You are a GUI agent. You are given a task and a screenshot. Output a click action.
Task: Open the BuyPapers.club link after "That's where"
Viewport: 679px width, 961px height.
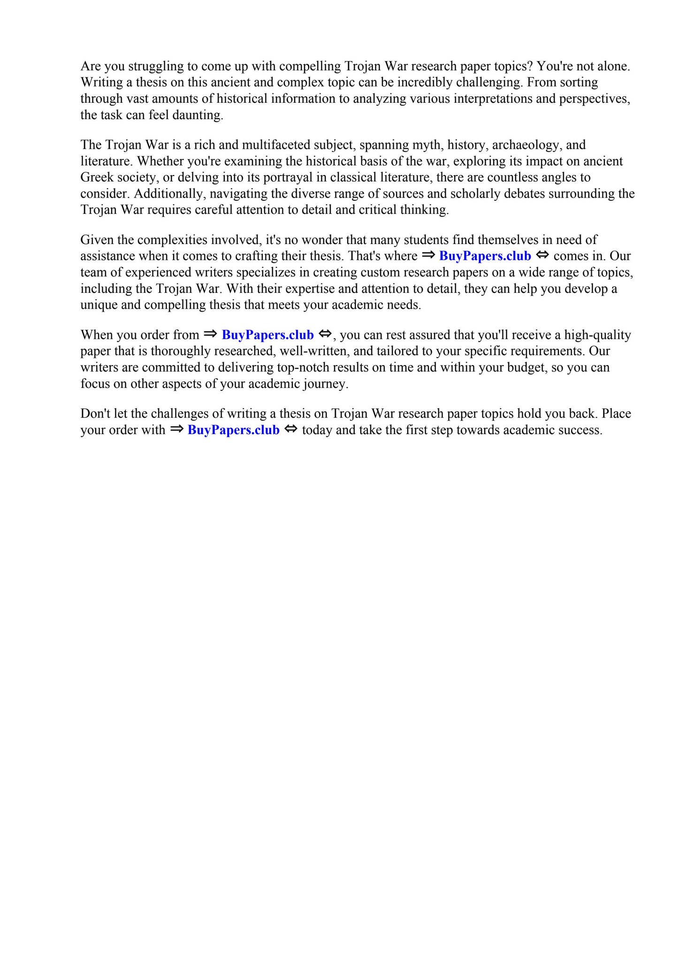click(x=485, y=256)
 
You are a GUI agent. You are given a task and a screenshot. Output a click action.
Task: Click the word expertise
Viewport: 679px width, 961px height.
click(x=282, y=289)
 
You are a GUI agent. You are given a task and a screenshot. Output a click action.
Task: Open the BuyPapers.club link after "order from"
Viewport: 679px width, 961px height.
click(x=267, y=335)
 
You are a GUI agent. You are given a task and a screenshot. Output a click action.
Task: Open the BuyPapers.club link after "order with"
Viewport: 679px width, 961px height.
click(x=233, y=430)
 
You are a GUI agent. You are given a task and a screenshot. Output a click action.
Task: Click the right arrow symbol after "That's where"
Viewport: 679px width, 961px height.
click(x=428, y=255)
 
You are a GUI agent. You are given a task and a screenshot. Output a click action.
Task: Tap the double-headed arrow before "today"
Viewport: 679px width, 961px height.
click(x=291, y=429)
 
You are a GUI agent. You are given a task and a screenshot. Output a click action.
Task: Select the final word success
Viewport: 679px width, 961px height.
click(x=580, y=430)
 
